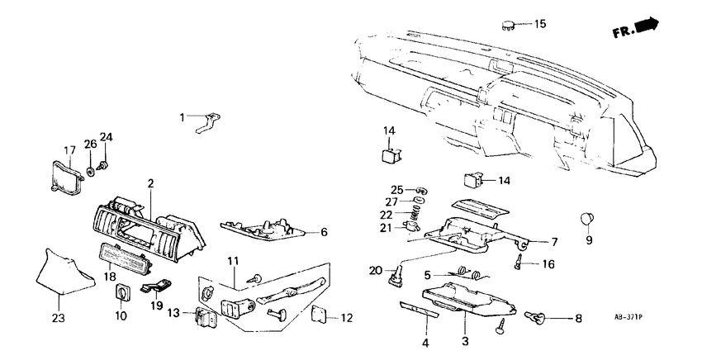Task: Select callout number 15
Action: tap(540, 24)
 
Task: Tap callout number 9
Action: tap(589, 241)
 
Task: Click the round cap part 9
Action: tap(588, 218)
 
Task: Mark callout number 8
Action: tap(577, 317)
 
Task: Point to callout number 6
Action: tap(324, 233)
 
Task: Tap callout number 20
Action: tap(377, 270)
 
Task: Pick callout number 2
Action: tap(150, 182)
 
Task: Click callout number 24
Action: tap(105, 136)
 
